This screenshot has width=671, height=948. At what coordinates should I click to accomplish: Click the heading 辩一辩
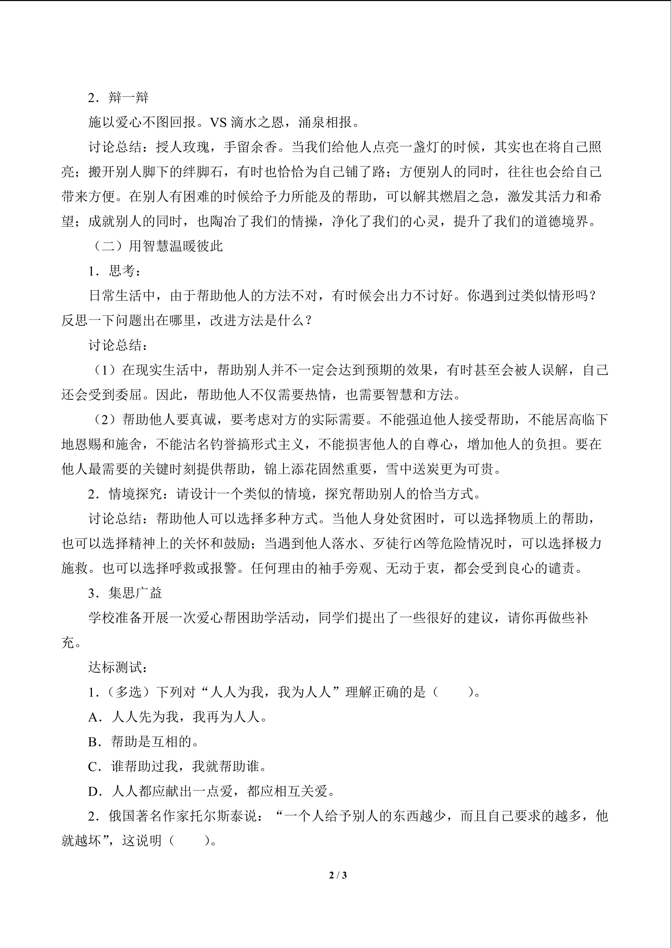coord(129,98)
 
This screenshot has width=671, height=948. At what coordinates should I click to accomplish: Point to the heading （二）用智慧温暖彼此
coord(157,246)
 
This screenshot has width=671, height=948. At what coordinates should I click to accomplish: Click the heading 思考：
coord(125,271)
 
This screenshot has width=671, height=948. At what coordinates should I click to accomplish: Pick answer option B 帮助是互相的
coord(155,742)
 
